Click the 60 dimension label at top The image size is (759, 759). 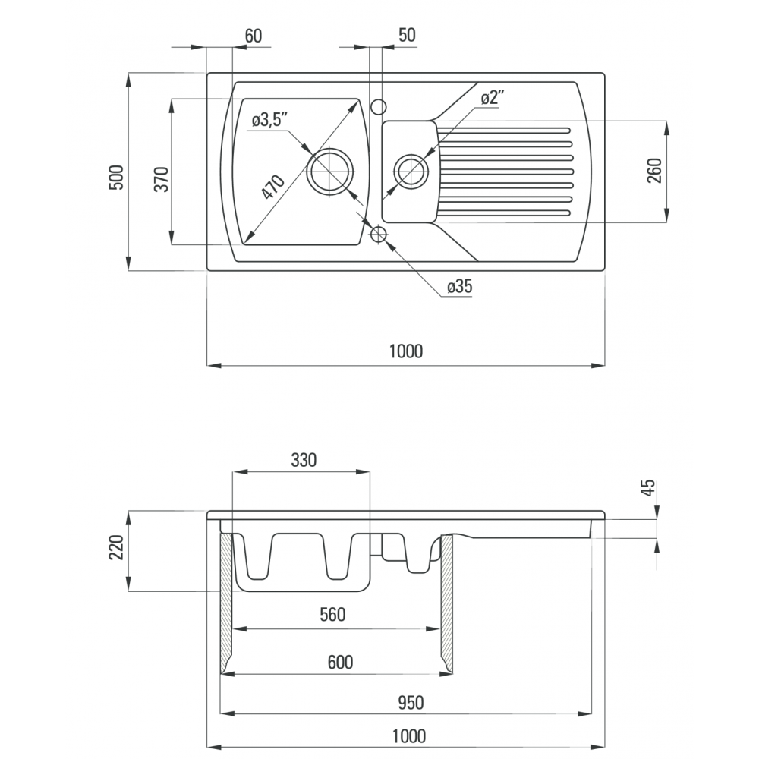coord(254,36)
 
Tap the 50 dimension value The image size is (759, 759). coord(407,35)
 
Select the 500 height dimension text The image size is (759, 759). coord(117,178)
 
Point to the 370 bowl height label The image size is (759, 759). coord(162,178)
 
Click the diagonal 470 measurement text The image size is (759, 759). coord(273,187)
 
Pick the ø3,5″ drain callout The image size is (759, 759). coord(269,120)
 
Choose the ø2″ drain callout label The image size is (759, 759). coord(493,97)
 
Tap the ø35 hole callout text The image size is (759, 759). coord(459,287)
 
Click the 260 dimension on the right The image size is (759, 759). coord(654,170)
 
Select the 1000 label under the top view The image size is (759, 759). coord(406,351)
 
